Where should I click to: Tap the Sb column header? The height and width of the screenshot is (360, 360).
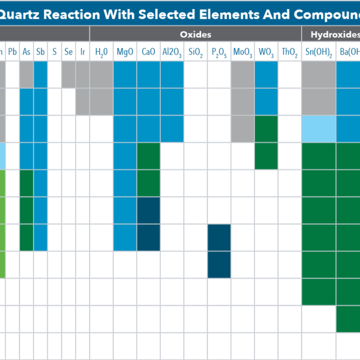point(40,52)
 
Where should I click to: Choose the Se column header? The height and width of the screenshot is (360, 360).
point(68,52)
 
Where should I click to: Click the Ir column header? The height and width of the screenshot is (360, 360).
point(83,52)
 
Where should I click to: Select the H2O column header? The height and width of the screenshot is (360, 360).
point(101,52)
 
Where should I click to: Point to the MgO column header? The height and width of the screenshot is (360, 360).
point(125,52)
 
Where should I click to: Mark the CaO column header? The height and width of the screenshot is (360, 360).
point(148,52)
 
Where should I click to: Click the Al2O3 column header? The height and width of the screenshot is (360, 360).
point(172,52)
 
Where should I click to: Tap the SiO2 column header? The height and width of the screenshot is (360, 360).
point(195,52)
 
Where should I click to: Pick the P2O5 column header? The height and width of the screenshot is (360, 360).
point(219,52)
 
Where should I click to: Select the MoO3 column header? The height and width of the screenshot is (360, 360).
point(242,52)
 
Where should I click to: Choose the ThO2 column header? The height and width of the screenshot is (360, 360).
point(289,52)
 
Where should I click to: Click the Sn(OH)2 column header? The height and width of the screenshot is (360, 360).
point(318,52)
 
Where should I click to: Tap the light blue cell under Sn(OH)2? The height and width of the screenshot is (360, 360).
point(319,129)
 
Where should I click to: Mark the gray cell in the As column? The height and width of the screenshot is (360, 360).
point(26,74)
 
